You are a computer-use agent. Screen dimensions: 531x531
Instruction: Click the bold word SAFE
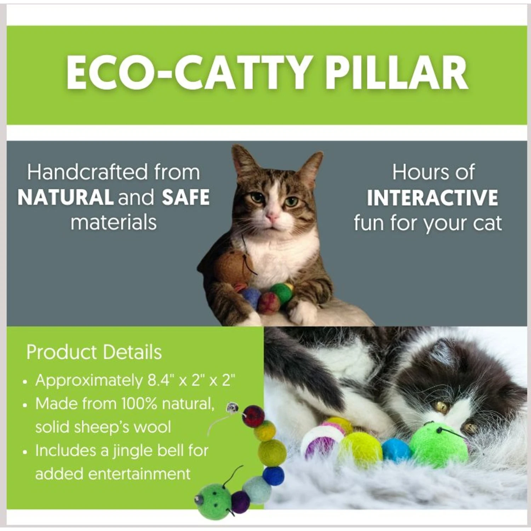[x=186, y=198]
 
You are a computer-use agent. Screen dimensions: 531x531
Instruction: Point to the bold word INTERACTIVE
[x=432, y=198]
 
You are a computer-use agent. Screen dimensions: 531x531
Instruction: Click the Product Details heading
[x=94, y=352]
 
